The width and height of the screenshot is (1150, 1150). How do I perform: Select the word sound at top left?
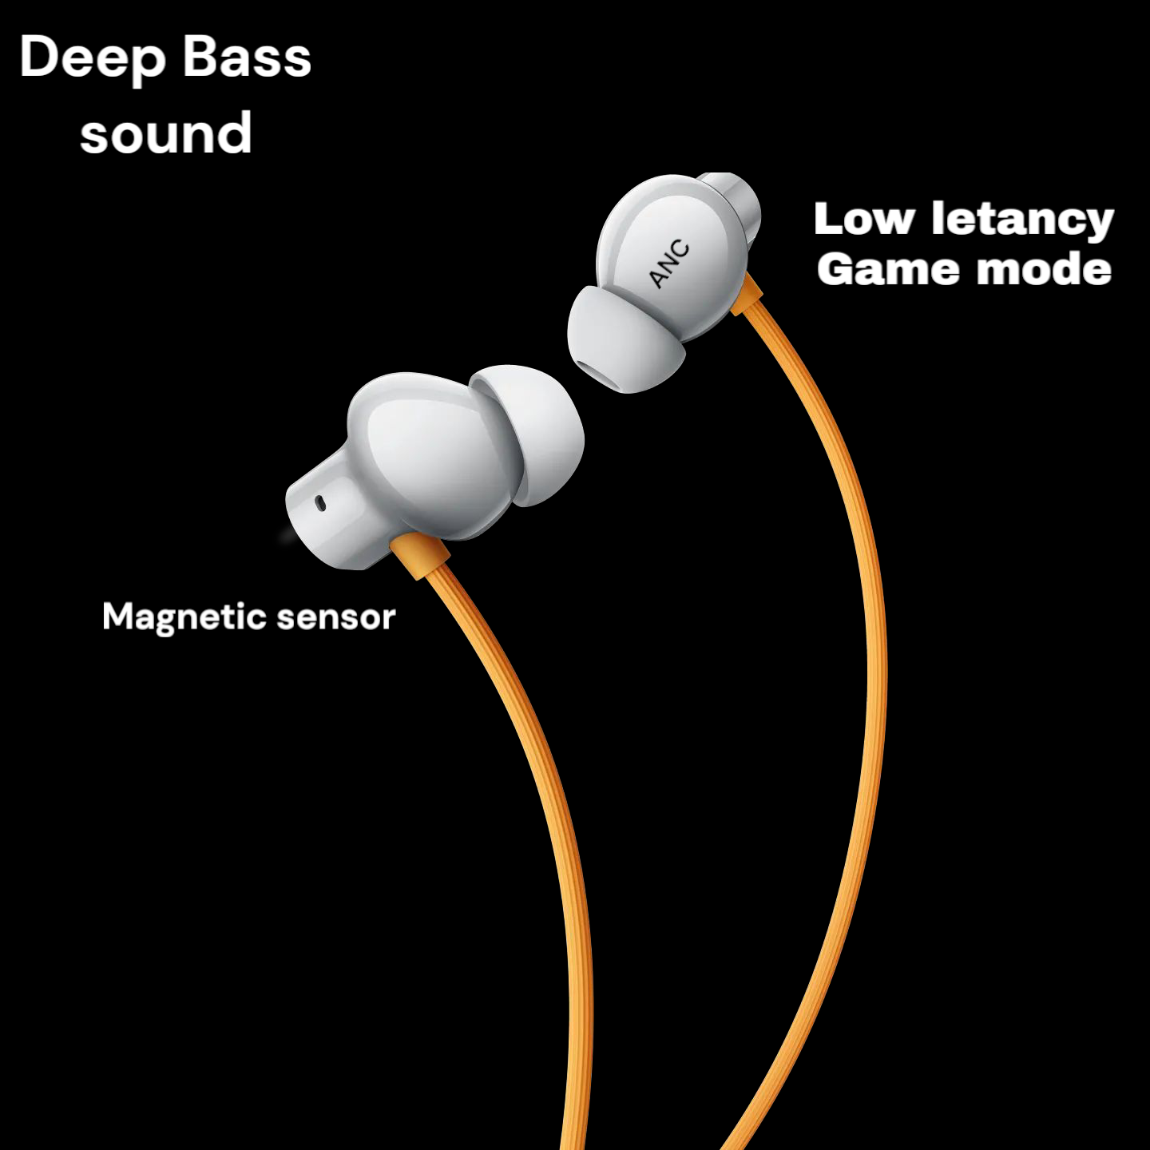166,133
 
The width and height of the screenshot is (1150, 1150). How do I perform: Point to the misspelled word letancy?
1022,220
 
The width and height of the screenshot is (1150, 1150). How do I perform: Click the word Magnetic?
184,617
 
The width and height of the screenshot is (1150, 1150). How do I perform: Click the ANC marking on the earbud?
669,264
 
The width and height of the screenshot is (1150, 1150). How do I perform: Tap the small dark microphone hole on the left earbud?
320,502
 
